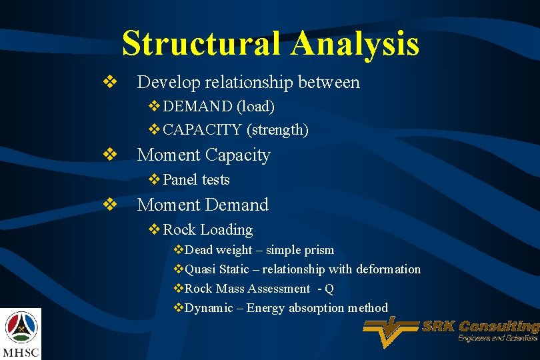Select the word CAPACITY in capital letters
coord(202,130)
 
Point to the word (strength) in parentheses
coord(277,130)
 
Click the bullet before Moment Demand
coord(109,205)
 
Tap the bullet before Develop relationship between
coord(109,83)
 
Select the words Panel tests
coord(196,180)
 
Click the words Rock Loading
coord(207,230)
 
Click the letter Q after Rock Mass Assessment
coord(329,289)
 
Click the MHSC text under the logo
coord(21,351)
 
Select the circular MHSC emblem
coord(21,326)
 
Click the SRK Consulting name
coord(480,327)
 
